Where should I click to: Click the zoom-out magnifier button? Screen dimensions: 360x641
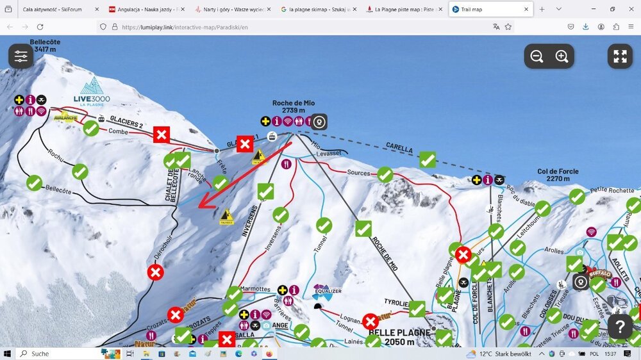[x=537, y=56]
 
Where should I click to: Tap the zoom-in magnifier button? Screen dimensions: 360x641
[x=562, y=56]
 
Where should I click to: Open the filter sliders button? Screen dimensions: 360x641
[x=21, y=56]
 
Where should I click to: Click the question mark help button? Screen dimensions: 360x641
[x=620, y=327]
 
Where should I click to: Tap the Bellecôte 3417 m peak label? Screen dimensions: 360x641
[x=45, y=45]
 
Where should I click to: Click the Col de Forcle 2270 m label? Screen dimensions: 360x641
[x=558, y=175]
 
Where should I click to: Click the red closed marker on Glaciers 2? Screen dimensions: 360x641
[x=162, y=135]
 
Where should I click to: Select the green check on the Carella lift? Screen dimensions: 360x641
[x=428, y=160]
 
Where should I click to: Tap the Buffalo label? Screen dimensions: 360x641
[x=600, y=274]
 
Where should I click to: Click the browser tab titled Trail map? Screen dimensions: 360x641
[x=490, y=10]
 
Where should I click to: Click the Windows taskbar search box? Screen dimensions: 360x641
[x=58, y=354]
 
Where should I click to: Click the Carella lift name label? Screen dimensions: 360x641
[x=399, y=147]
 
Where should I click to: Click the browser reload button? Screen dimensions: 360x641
[x=40, y=27]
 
